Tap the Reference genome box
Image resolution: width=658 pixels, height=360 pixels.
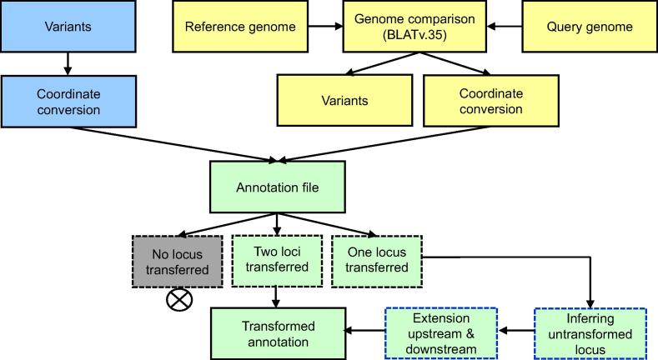240,27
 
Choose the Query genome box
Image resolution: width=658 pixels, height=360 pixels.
589,27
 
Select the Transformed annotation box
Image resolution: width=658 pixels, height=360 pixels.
277,332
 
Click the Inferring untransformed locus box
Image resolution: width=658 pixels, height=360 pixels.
590,332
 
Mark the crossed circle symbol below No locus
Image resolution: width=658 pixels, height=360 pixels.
177,300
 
